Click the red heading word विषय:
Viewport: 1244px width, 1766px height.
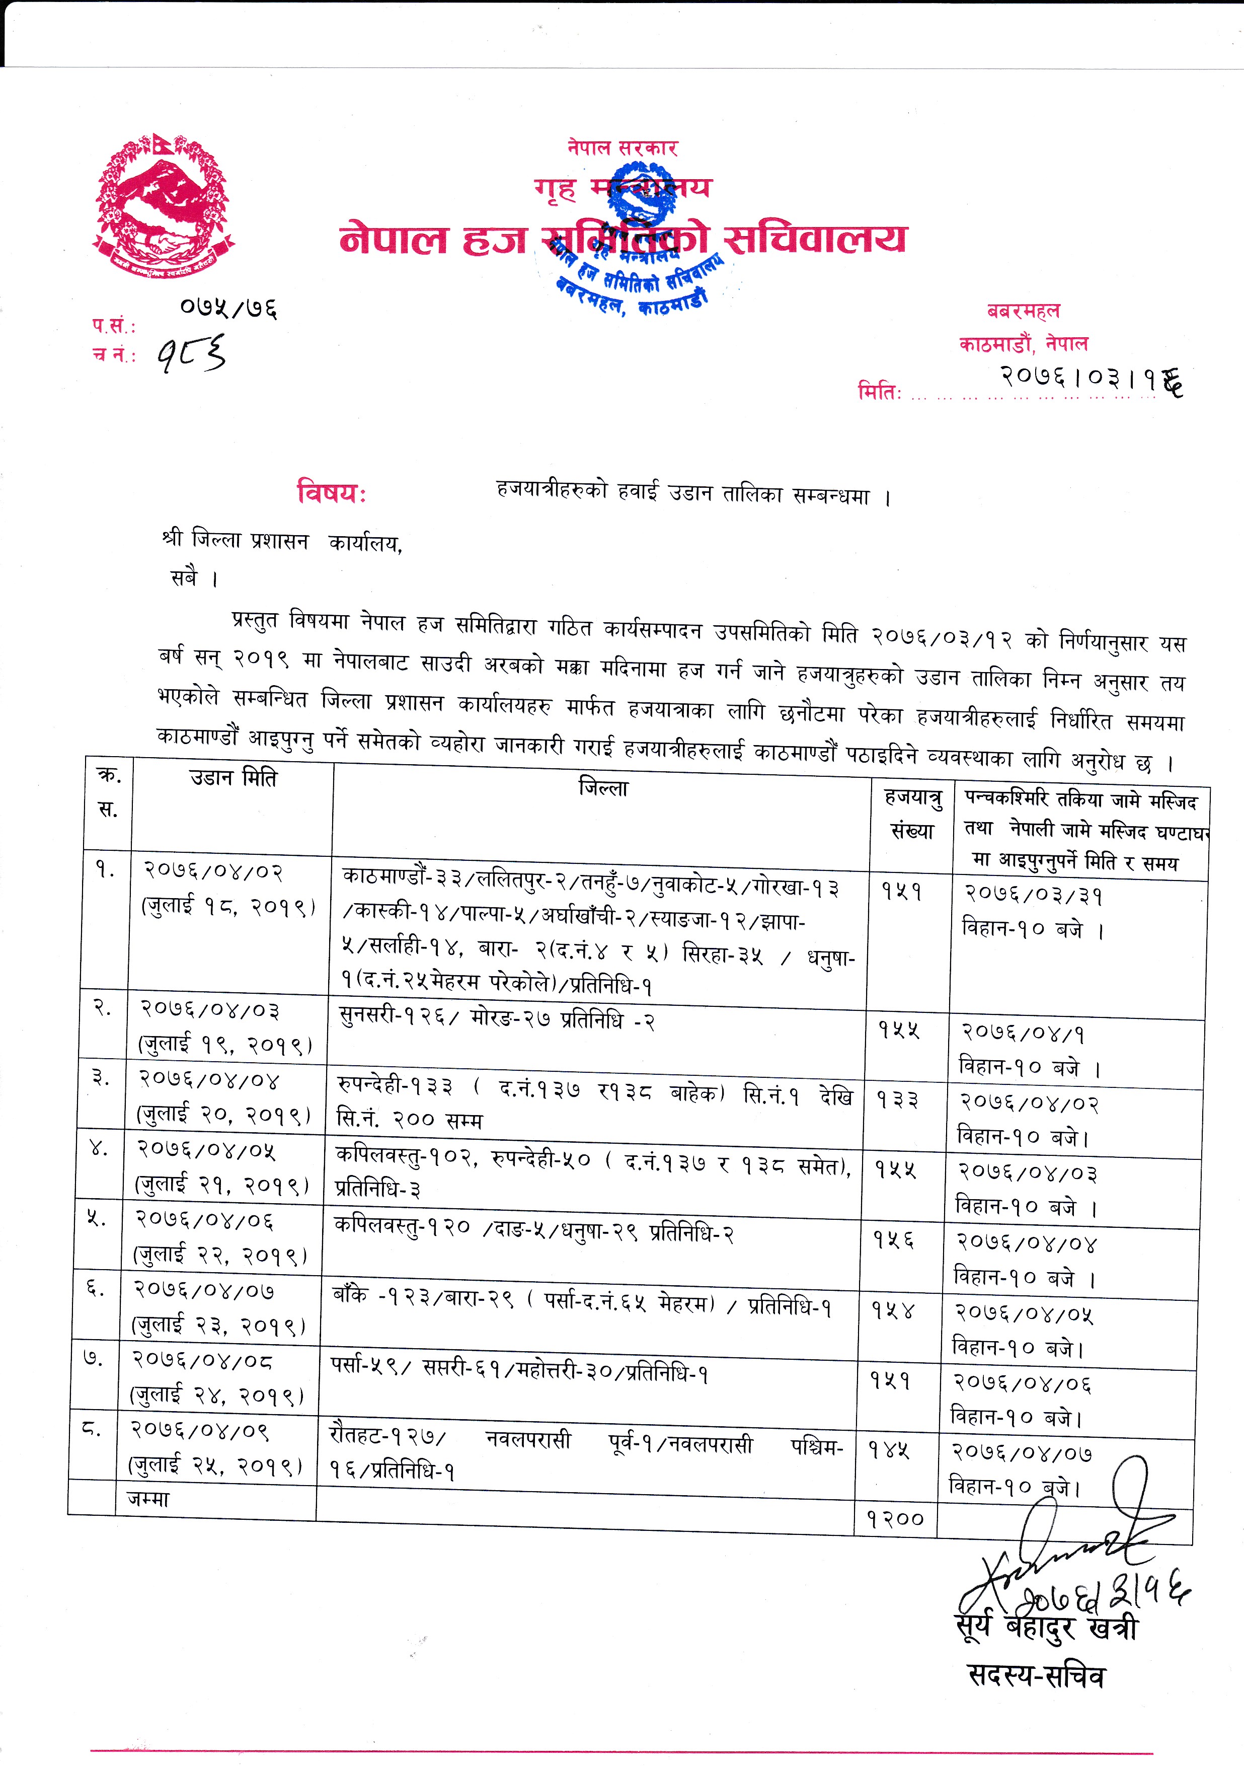coord(331,491)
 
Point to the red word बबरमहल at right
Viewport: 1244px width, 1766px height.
coord(1024,311)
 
